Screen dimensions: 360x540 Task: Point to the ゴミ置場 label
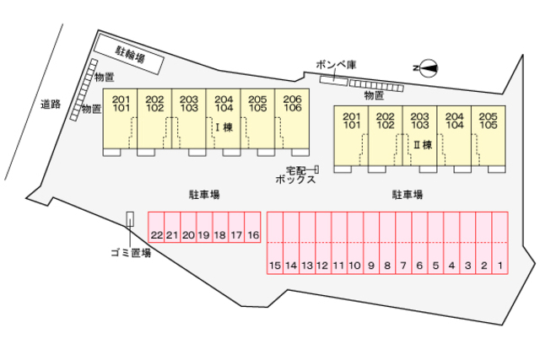(130, 252)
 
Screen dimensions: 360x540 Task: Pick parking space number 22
(156, 235)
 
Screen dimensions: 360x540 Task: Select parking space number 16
(253, 235)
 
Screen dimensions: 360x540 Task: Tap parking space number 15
(274, 266)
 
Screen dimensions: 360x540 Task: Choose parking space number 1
(499, 266)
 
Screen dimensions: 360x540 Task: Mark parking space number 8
(386, 266)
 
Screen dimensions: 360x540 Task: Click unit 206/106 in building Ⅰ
(292, 103)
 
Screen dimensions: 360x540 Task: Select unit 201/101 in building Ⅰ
(120, 103)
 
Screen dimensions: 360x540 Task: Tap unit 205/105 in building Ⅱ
(488, 120)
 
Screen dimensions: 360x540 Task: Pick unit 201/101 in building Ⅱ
(351, 120)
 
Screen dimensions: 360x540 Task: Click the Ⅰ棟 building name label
(223, 127)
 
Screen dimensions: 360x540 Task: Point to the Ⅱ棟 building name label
(422, 145)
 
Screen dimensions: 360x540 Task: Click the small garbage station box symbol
(129, 219)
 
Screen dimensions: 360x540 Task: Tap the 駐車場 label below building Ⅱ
(408, 195)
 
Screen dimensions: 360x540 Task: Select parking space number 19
(204, 235)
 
